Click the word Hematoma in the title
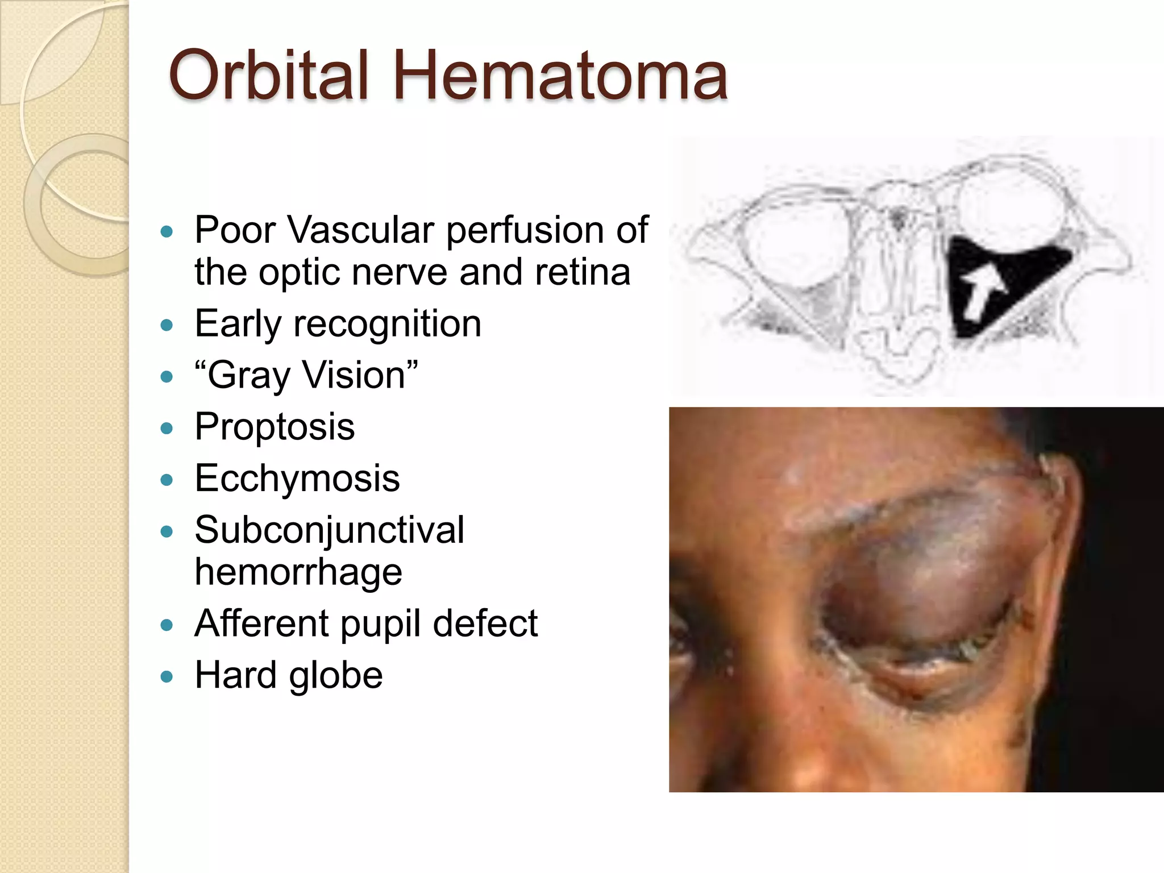(560, 76)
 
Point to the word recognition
(386, 324)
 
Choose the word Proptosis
(275, 426)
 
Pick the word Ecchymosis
(297, 478)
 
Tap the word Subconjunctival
(329, 530)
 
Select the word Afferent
(261, 623)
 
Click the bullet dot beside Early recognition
(167, 325)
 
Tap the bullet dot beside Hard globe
(167, 676)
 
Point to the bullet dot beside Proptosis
(167, 428)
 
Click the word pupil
(381, 623)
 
